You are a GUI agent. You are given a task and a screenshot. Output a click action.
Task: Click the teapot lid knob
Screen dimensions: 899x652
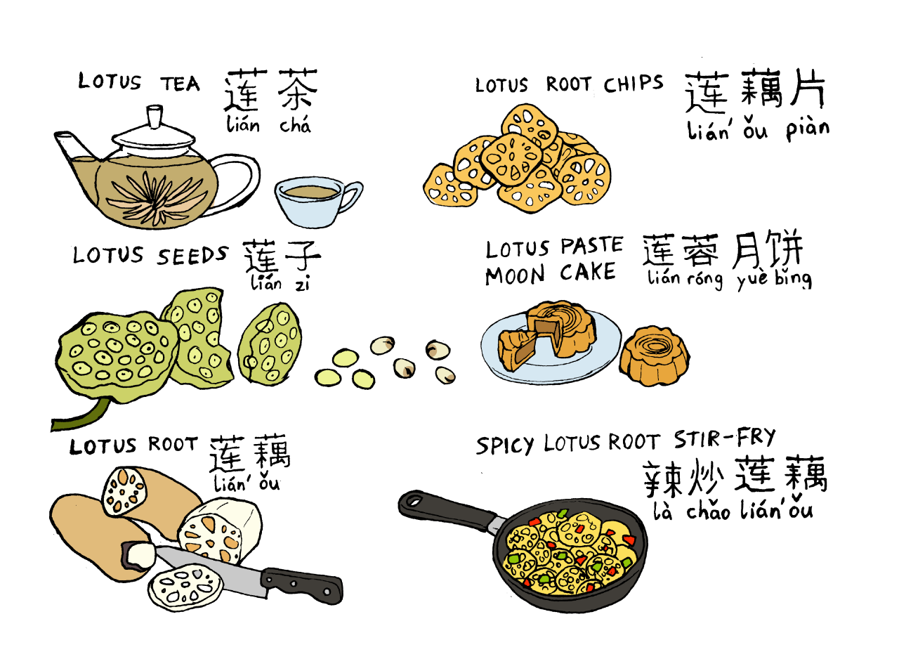(x=155, y=117)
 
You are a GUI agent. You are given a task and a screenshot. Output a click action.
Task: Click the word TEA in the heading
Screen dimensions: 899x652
(x=181, y=84)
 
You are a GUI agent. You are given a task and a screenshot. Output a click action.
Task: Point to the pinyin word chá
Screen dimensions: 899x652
(x=296, y=124)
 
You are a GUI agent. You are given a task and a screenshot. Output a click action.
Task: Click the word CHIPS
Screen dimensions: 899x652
(x=634, y=84)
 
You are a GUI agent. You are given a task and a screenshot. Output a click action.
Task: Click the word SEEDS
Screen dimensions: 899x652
(x=192, y=256)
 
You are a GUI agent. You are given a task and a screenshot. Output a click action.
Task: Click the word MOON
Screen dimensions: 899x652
(x=515, y=275)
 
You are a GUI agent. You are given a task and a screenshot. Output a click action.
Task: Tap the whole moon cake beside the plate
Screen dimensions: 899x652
(x=655, y=356)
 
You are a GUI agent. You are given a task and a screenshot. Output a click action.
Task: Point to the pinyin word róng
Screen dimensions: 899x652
(x=704, y=279)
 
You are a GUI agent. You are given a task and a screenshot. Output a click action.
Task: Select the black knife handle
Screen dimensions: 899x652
(x=302, y=585)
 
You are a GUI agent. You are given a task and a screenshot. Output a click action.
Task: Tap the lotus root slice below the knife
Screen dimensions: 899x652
(x=185, y=587)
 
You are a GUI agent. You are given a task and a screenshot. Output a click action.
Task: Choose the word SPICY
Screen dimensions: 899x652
(x=505, y=445)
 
